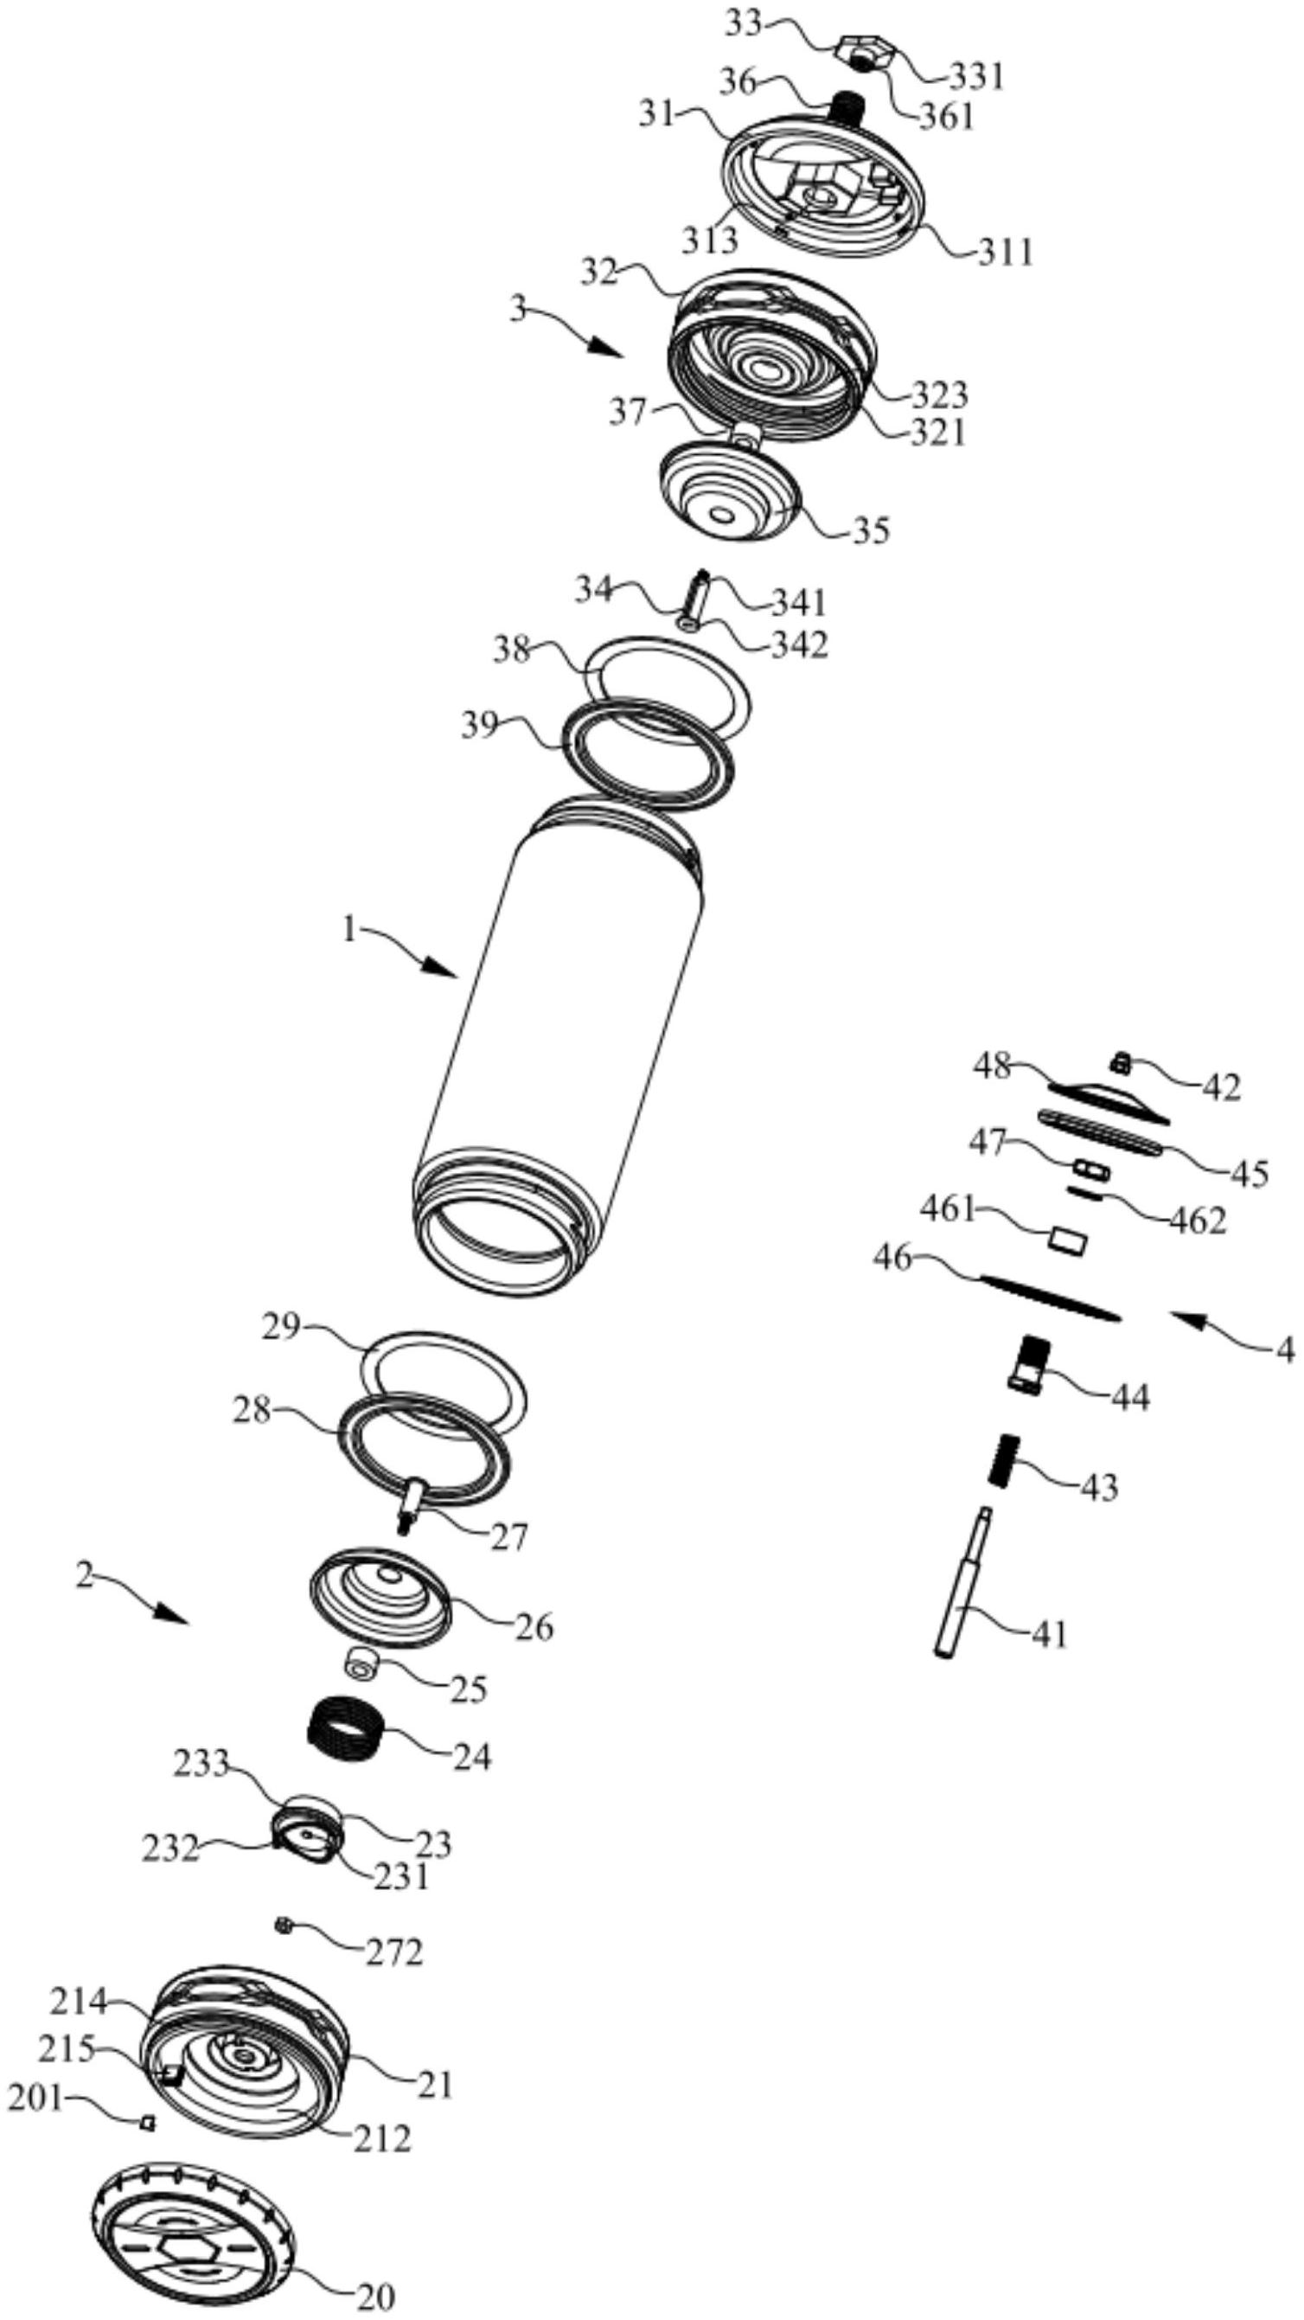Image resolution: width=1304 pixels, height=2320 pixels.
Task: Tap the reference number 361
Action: click(x=946, y=116)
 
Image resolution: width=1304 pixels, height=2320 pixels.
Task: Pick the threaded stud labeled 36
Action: click(x=845, y=112)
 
